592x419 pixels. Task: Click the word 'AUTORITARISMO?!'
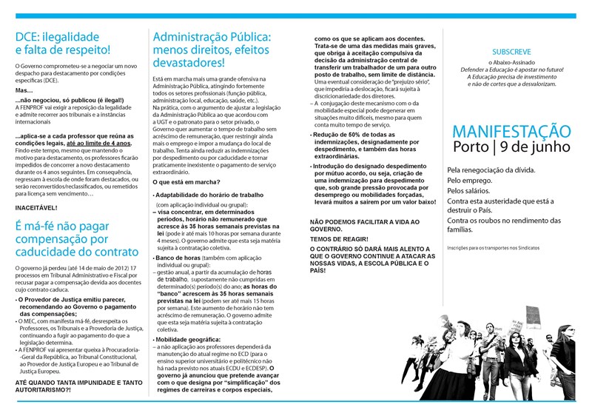click(49, 389)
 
